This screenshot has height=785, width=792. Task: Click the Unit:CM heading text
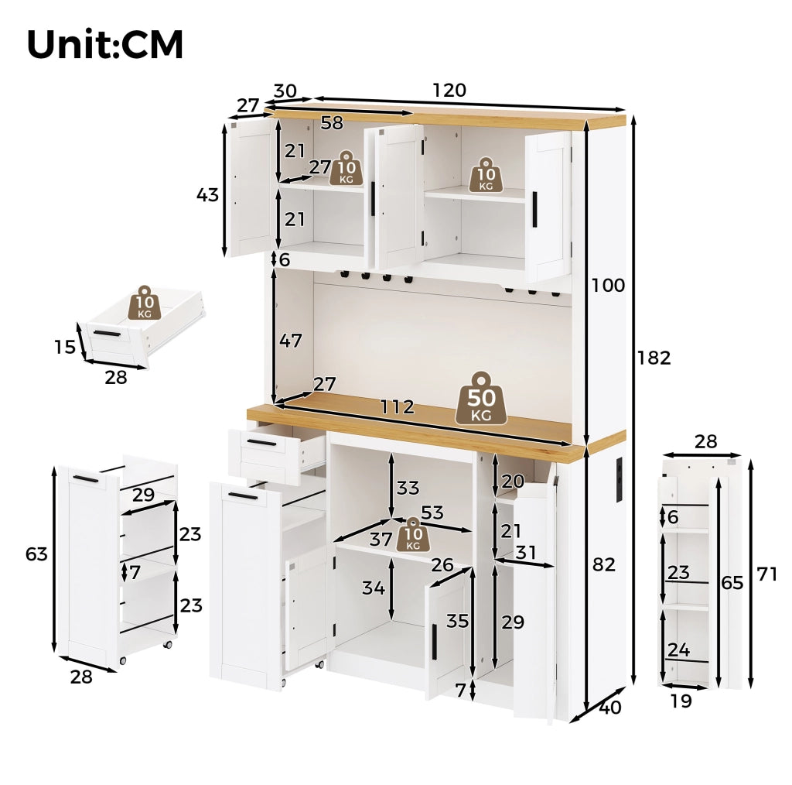pyautogui.click(x=105, y=44)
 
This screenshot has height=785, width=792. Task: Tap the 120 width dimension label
pyautogui.click(x=449, y=90)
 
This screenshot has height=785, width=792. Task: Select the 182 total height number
pyautogui.click(x=654, y=358)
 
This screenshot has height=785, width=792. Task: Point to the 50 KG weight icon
pyautogui.click(x=481, y=399)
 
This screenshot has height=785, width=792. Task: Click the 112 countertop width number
pyautogui.click(x=397, y=407)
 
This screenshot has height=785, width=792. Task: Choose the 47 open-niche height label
pyautogui.click(x=291, y=341)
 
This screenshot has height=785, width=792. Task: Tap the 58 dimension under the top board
pyautogui.click(x=332, y=122)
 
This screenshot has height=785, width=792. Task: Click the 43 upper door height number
pyautogui.click(x=207, y=194)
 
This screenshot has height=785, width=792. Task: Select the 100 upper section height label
pyautogui.click(x=608, y=285)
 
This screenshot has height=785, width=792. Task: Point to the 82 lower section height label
pyautogui.click(x=604, y=564)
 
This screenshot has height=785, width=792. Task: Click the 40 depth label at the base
pyautogui.click(x=610, y=707)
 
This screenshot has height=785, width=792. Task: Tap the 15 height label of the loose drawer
pyautogui.click(x=65, y=347)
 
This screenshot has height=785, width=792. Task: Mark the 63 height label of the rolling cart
pyautogui.click(x=36, y=554)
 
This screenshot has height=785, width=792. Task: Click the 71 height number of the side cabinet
pyautogui.click(x=766, y=574)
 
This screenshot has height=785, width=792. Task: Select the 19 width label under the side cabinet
pyautogui.click(x=681, y=701)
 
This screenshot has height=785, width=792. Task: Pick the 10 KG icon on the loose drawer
pyautogui.click(x=145, y=303)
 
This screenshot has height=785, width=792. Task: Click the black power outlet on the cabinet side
pyautogui.click(x=620, y=480)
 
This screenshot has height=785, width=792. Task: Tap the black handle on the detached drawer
pyautogui.click(x=107, y=333)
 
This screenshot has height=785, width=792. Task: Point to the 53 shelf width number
pyautogui.click(x=432, y=512)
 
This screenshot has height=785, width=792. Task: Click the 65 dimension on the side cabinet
pyautogui.click(x=732, y=583)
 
